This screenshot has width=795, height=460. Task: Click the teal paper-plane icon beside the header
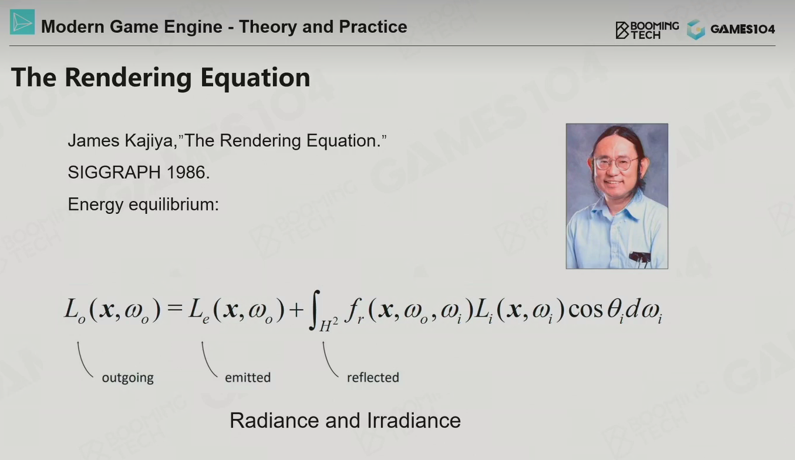[22, 22]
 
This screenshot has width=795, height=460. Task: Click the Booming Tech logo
[647, 30]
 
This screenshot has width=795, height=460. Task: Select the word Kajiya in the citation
[151, 141]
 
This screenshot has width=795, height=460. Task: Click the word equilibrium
[174, 204]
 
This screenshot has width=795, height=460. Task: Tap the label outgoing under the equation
[128, 378]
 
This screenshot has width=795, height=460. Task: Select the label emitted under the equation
[248, 377]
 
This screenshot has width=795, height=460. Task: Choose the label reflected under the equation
[373, 377]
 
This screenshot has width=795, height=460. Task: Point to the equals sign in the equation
[174, 308]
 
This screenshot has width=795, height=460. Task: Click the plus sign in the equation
[297, 310]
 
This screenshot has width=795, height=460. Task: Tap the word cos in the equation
[585, 310]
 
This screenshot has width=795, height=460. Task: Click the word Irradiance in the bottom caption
[413, 421]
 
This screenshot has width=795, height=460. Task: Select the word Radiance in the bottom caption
[275, 421]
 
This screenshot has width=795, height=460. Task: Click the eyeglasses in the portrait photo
[614, 164]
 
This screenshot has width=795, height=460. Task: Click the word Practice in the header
[373, 26]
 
